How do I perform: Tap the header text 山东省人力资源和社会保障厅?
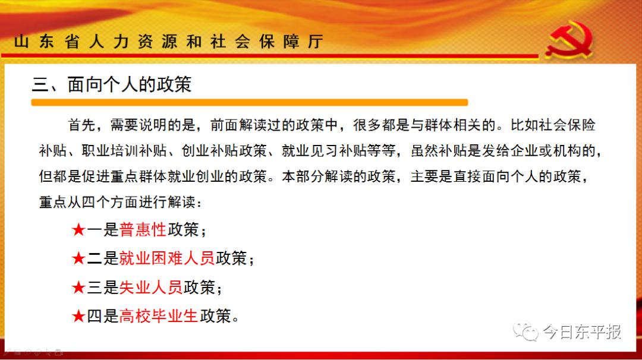[169, 42]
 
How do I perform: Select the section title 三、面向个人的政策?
[112, 85]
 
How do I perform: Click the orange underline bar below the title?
[249, 102]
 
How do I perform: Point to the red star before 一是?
[78, 229]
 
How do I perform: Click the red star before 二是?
[78, 258]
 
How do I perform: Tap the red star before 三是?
[78, 287]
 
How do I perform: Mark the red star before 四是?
[78, 316]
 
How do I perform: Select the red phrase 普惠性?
[143, 229]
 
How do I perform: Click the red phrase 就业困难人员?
[167, 258]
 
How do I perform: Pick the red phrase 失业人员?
[150, 287]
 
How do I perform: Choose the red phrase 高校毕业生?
[159, 316]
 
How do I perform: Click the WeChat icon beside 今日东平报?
[525, 330]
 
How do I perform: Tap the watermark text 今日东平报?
[582, 331]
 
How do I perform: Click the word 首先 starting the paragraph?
[82, 125]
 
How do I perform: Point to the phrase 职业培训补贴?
[124, 150]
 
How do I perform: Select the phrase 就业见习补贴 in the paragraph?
[324, 150]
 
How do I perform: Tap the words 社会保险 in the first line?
[567, 125]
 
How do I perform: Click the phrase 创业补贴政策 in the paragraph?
[224, 150]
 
